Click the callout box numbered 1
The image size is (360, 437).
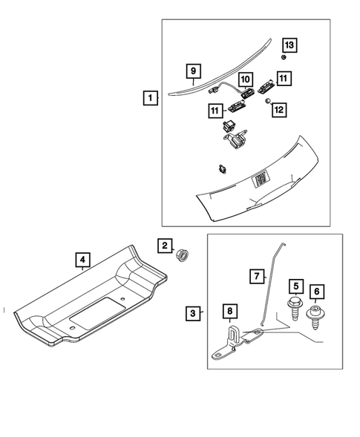(151, 97)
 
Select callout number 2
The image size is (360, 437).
(163, 246)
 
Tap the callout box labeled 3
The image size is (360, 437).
(192, 314)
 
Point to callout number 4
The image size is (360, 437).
(83, 260)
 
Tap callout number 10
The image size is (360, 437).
(245, 79)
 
